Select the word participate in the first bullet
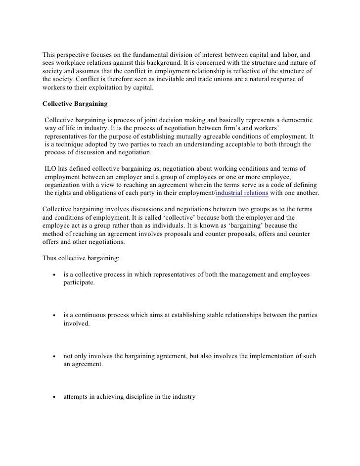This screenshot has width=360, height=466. [x=79, y=282]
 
